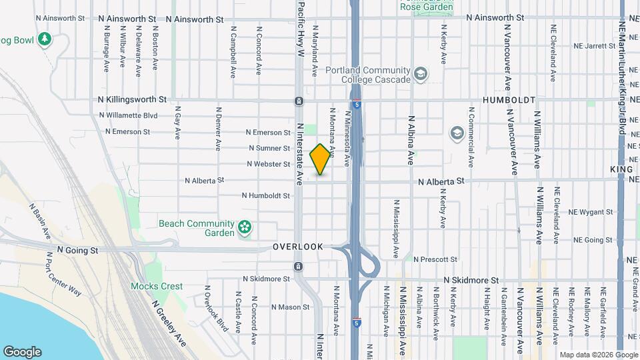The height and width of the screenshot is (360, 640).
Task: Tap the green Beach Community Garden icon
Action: pos(245,228)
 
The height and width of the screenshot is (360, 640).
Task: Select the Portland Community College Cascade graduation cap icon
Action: pos(420,74)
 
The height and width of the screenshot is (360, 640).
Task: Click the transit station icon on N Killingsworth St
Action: pos(299,101)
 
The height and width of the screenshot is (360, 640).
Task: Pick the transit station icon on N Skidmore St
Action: pos(298,267)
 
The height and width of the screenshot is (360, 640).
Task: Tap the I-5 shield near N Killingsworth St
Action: pos(357,105)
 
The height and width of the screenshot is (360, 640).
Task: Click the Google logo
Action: pos(22,351)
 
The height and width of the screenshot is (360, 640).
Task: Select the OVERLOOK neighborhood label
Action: pos(298,247)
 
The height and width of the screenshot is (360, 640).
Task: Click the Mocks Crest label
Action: pos(157,287)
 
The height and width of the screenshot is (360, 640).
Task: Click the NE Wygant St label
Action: pos(590,212)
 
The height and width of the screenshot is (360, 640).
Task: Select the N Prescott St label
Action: pos(435,259)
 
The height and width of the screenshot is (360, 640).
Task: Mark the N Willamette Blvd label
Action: pos(127,115)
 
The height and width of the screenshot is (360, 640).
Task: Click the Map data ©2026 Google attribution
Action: pos(598,355)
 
